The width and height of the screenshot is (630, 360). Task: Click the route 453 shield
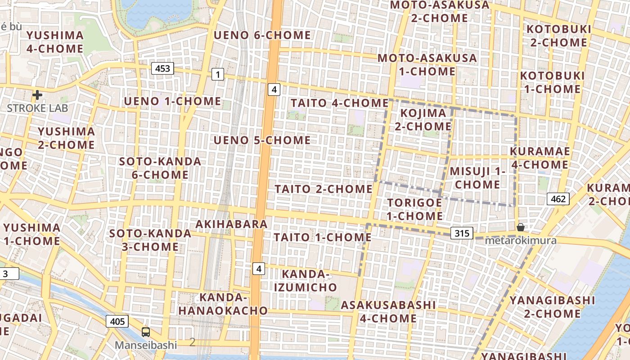point(162,68)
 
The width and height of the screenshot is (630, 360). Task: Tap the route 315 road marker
point(462,233)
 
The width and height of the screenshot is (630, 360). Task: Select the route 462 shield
point(558,199)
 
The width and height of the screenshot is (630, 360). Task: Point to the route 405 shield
point(117,321)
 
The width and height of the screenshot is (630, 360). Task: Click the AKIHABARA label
point(232,224)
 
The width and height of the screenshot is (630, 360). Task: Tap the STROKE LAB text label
point(37,108)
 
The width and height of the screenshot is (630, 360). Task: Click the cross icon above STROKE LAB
point(37,95)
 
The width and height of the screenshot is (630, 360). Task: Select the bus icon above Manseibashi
point(146,332)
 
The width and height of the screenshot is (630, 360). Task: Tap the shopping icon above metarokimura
point(521,227)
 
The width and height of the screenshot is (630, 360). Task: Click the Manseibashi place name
point(146,345)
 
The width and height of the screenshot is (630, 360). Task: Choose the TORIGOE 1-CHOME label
point(415,209)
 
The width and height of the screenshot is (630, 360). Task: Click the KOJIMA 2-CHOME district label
point(423,120)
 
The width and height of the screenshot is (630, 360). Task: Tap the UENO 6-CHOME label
point(262,35)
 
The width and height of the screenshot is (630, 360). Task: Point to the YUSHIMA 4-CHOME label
point(55,42)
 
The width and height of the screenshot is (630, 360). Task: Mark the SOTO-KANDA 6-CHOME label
point(160,168)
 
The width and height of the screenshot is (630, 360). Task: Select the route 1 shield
point(218,75)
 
